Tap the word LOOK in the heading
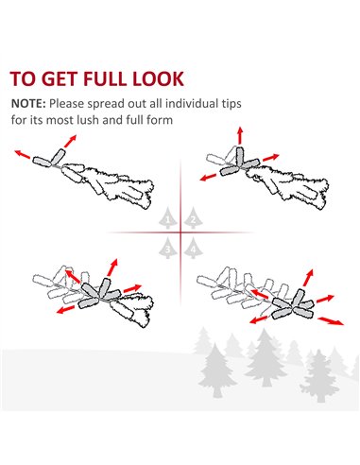click(x=158, y=78)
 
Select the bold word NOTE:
click(x=28, y=104)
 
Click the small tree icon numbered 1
click(x=168, y=218)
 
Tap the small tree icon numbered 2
click(x=193, y=218)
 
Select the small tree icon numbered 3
click(x=168, y=248)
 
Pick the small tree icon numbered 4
click(x=193, y=248)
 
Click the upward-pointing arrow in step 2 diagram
click(x=240, y=135)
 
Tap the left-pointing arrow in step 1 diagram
click(x=23, y=154)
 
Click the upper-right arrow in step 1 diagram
click(x=70, y=141)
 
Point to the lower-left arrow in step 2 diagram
click(x=208, y=178)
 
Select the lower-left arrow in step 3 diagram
click(x=65, y=309)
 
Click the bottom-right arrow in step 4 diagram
click(x=331, y=321)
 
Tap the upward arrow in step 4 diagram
click(x=309, y=278)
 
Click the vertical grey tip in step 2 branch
click(x=240, y=156)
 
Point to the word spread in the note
click(x=106, y=104)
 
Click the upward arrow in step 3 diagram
click(x=112, y=267)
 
